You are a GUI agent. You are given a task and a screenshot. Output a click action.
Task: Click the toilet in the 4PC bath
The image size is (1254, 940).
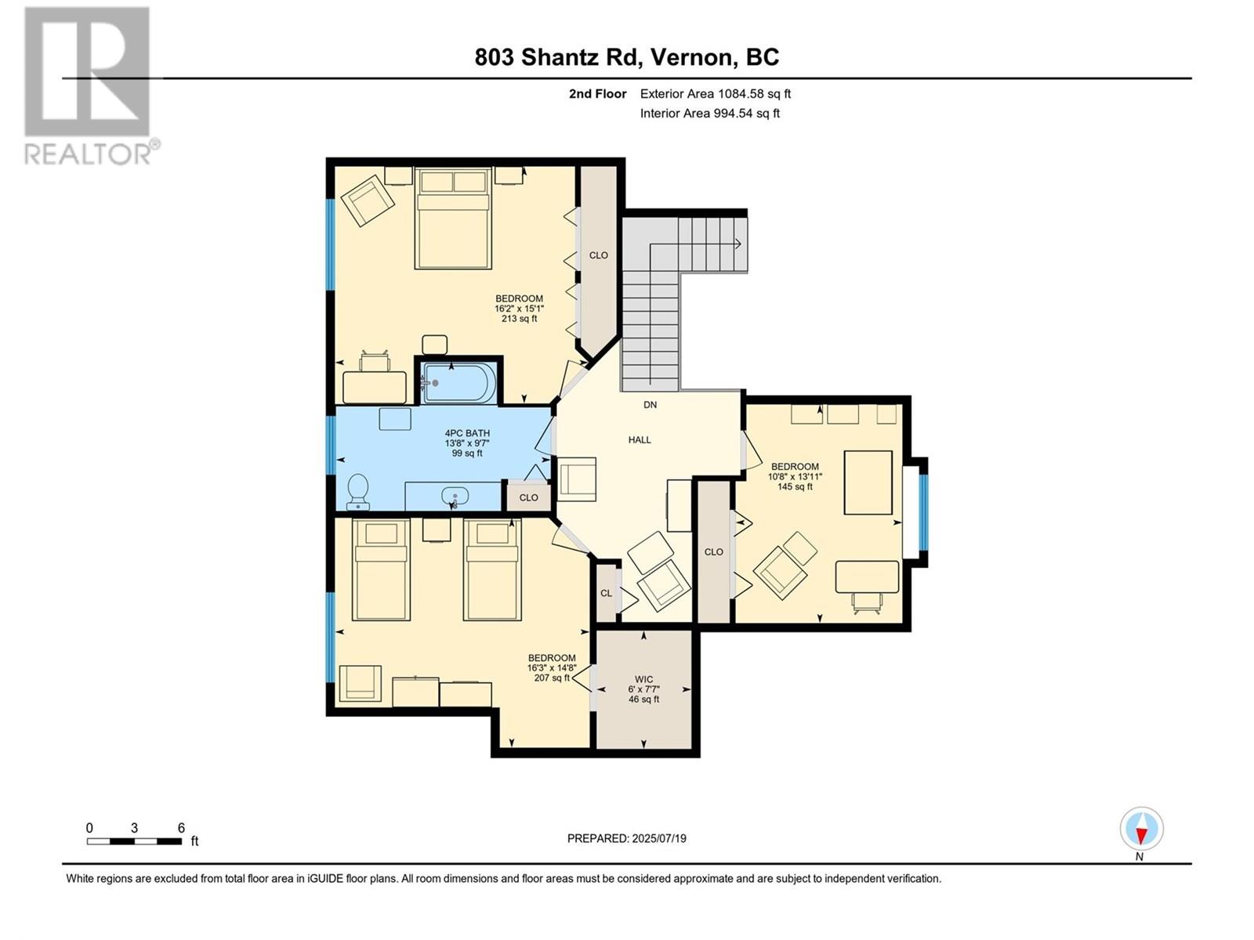pyautogui.click(x=358, y=491)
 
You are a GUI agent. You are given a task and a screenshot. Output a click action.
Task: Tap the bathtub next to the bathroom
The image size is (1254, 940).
pyautogui.click(x=458, y=382)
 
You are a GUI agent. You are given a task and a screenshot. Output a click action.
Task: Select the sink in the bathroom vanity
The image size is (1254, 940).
pyautogui.click(x=455, y=497)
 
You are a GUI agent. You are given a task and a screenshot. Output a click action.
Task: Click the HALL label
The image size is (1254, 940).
pyautogui.click(x=640, y=439)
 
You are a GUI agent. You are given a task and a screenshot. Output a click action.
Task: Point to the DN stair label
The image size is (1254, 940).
pyautogui.click(x=651, y=405)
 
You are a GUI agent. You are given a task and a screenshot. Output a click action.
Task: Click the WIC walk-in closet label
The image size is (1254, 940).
pyautogui.click(x=644, y=679)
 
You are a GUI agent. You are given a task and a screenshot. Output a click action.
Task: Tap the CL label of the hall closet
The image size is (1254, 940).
pyautogui.click(x=606, y=593)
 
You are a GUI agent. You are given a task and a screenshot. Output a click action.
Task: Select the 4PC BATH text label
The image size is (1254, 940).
pyautogui.click(x=467, y=433)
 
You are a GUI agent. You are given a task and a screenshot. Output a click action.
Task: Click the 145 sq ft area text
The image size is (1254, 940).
pyautogui.click(x=795, y=486)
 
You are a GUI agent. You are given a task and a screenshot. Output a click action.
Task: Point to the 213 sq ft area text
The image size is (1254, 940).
pyautogui.click(x=520, y=319)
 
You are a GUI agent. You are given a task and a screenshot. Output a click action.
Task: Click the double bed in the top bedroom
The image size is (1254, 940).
pyautogui.click(x=454, y=218)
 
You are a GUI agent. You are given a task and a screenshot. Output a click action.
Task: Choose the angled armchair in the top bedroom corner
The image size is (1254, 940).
pyautogui.click(x=368, y=201)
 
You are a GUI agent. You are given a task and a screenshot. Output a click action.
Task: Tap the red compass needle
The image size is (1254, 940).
pyautogui.click(x=1141, y=836)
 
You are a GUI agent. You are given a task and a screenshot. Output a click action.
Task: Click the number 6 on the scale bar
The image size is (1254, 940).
pyautogui.click(x=181, y=828)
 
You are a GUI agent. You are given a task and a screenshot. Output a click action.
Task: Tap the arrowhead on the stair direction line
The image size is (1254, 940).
pyautogui.click(x=738, y=244)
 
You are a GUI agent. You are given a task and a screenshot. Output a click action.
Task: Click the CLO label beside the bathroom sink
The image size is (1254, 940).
pyautogui.click(x=528, y=497)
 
